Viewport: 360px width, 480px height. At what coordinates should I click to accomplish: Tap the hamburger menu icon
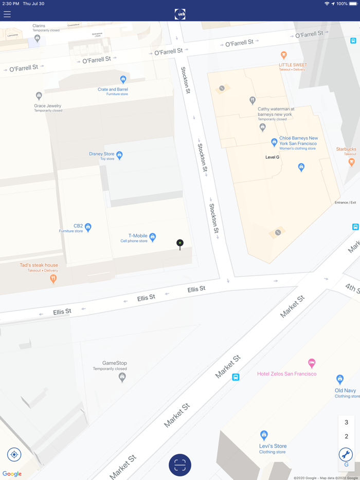tap(7, 14)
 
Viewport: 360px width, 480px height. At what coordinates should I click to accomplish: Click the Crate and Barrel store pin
tap(123, 79)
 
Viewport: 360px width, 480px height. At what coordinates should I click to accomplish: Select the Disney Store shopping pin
tap(119, 155)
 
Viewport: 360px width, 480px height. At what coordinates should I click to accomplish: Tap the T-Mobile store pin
tap(152, 237)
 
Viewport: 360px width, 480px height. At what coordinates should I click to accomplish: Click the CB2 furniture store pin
tap(88, 227)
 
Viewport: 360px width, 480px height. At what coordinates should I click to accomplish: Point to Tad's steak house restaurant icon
tap(53, 279)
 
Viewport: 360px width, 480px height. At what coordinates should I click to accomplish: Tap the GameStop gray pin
tap(122, 377)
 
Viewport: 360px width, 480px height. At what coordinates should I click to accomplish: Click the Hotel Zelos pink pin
tap(311, 363)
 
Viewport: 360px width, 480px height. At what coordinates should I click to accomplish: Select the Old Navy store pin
tap(339, 379)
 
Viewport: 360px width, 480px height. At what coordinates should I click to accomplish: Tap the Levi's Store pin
tap(264, 435)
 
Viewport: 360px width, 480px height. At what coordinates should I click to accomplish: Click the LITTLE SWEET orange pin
tap(283, 55)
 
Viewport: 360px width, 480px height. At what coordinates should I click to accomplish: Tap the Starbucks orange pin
tap(351, 162)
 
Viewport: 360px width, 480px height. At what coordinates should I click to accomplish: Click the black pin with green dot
tap(179, 244)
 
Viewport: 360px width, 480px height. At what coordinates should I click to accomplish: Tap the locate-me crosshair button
tap(14, 454)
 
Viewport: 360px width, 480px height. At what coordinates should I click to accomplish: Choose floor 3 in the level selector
tap(346, 422)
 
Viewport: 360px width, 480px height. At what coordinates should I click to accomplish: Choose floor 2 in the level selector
tap(346, 436)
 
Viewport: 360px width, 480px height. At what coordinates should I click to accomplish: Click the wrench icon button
tap(346, 454)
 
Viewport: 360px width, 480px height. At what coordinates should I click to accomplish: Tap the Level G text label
tap(272, 157)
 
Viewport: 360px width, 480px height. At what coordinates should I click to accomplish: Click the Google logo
tap(12, 474)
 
